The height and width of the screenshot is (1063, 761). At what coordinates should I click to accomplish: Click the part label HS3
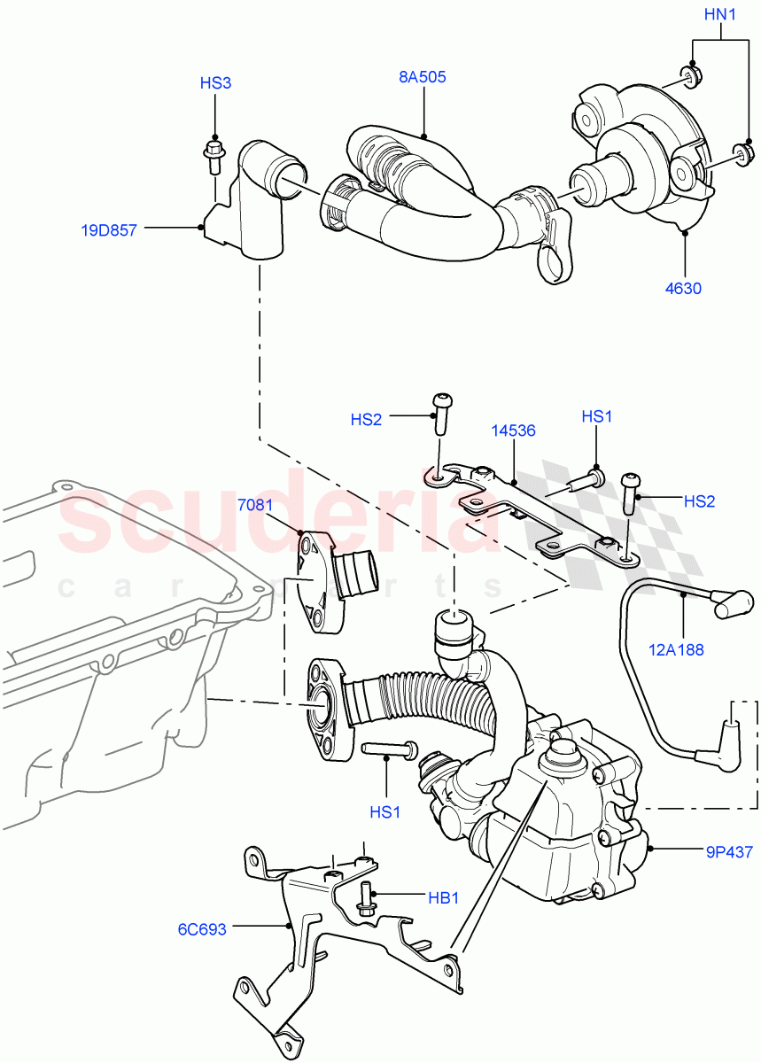[215, 83]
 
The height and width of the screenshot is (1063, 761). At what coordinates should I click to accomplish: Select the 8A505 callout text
[422, 77]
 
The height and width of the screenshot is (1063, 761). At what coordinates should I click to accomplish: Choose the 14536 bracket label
[514, 431]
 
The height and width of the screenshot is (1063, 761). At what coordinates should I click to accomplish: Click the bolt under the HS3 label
[214, 155]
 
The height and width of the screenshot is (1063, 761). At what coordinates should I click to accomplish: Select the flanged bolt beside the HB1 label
[364, 899]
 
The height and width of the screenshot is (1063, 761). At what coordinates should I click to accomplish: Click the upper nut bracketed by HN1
[690, 76]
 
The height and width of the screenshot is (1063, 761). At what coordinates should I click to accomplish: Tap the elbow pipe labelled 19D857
[257, 204]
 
